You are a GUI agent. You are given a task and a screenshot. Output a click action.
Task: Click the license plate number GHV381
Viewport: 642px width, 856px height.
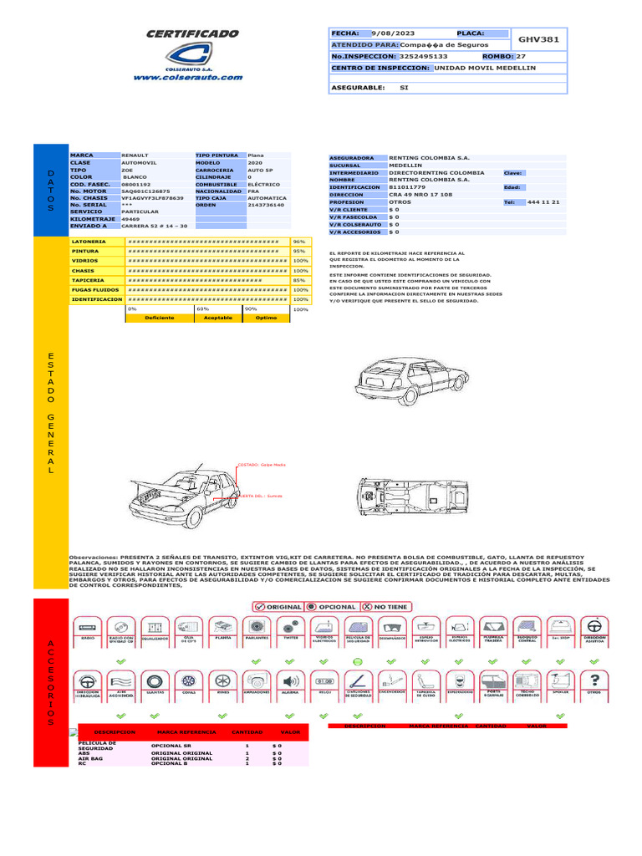click(x=539, y=39)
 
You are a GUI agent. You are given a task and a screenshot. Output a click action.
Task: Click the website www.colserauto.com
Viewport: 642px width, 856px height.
click(x=188, y=77)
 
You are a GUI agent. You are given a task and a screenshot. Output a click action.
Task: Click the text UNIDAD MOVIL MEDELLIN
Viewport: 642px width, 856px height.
click(x=486, y=69)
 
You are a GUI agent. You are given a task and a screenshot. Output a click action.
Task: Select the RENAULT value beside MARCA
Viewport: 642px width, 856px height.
click(x=138, y=155)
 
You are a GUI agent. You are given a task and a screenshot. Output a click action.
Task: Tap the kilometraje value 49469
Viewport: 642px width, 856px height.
click(x=131, y=218)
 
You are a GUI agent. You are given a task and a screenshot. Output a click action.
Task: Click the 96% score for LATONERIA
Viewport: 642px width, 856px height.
click(x=299, y=241)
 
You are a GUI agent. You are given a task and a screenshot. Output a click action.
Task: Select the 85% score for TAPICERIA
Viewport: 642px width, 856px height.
click(x=299, y=280)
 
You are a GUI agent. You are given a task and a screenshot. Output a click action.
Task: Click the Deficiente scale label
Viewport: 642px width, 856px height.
click(x=159, y=318)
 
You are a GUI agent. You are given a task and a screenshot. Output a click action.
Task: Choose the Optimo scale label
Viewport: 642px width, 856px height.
click(x=267, y=318)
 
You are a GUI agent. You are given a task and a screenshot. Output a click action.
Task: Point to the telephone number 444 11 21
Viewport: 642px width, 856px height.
click(x=543, y=202)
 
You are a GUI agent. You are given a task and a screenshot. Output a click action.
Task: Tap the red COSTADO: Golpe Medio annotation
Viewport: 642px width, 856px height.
click(x=262, y=463)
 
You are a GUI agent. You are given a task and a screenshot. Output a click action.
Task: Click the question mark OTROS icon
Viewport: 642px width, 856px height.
click(x=594, y=681)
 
